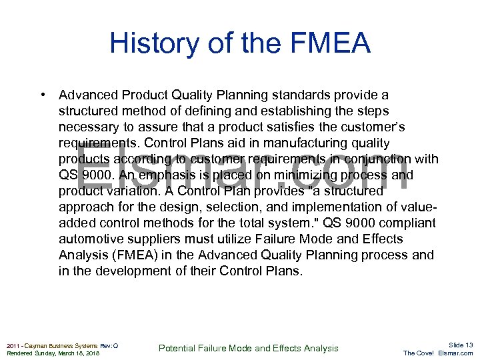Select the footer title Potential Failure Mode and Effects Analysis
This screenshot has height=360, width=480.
248,348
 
